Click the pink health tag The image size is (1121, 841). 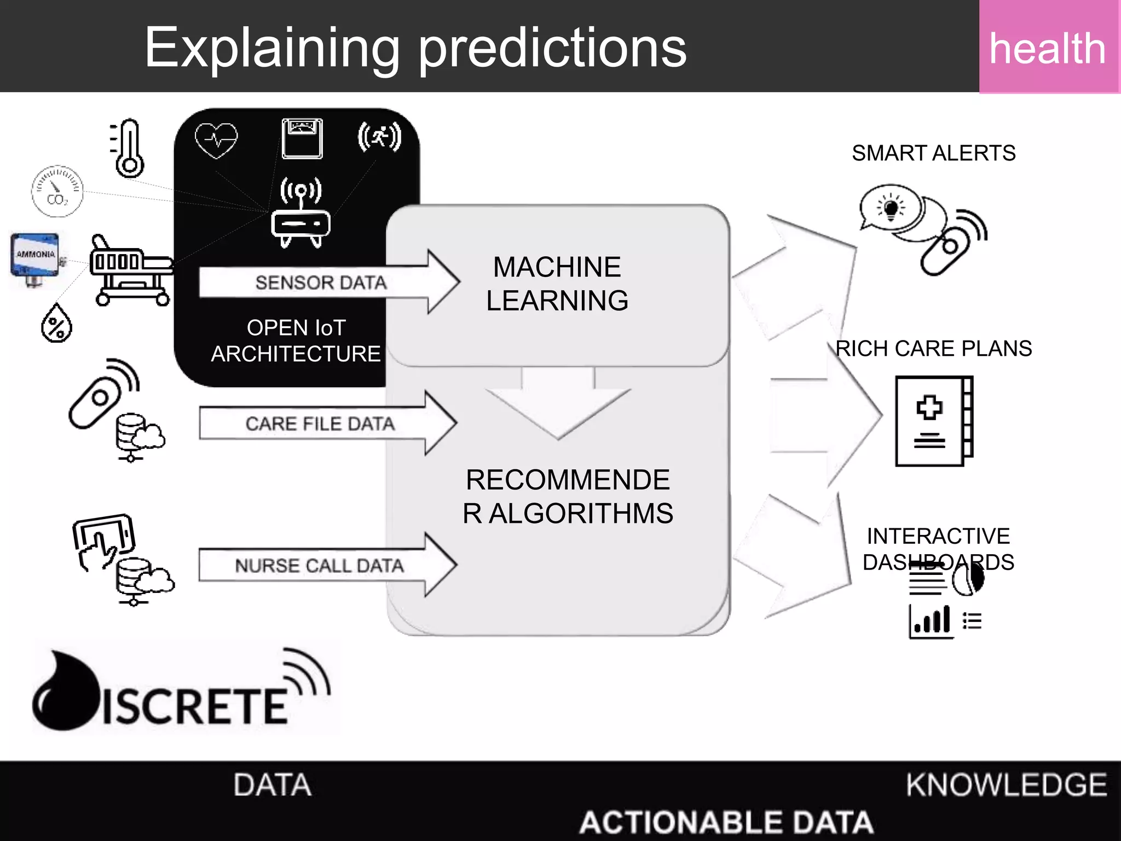[1048, 47]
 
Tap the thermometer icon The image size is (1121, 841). [128, 148]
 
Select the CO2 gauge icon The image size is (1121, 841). [57, 191]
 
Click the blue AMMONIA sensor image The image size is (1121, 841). [35, 256]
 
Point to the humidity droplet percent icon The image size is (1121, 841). [56, 324]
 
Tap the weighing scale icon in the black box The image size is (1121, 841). [302, 139]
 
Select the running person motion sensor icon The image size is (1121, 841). [379, 137]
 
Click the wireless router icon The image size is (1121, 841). [301, 214]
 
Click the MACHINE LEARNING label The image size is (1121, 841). [557, 284]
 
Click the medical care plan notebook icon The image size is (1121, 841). [934, 420]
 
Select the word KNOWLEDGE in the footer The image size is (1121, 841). [1006, 785]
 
